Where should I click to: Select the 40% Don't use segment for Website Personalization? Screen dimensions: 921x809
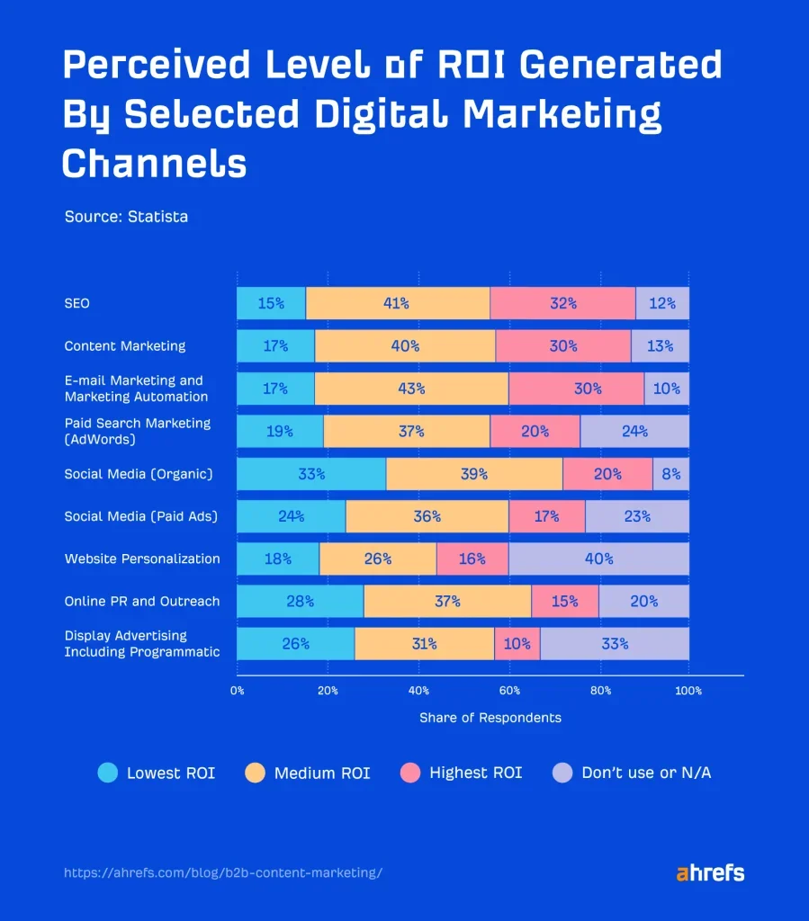tap(598, 559)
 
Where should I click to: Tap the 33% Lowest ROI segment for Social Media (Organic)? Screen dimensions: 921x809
tap(311, 474)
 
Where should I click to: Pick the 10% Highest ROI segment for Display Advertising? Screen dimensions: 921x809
tap(517, 644)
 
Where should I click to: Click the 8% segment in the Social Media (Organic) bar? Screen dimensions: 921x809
tap(670, 474)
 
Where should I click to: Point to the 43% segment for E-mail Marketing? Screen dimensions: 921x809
tap(411, 389)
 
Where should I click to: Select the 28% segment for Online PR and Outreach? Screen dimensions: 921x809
tap(300, 601)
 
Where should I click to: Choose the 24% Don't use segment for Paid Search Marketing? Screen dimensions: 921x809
tap(634, 431)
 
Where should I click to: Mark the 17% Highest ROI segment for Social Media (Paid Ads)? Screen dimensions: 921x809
tap(546, 516)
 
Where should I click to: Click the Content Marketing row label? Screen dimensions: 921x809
tap(125, 346)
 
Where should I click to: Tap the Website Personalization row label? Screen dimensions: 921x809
tap(142, 559)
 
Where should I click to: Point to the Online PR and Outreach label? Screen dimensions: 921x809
tap(142, 601)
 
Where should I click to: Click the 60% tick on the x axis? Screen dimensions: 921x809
tap(509, 691)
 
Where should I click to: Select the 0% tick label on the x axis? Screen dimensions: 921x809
tap(237, 691)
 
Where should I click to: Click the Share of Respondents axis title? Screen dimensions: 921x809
tap(490, 718)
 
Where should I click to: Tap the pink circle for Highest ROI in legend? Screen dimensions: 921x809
tap(410, 773)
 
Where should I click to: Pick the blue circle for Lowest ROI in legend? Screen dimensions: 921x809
tap(108, 773)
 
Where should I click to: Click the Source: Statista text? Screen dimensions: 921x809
tap(126, 217)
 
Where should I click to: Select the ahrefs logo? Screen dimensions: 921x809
tap(709, 872)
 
